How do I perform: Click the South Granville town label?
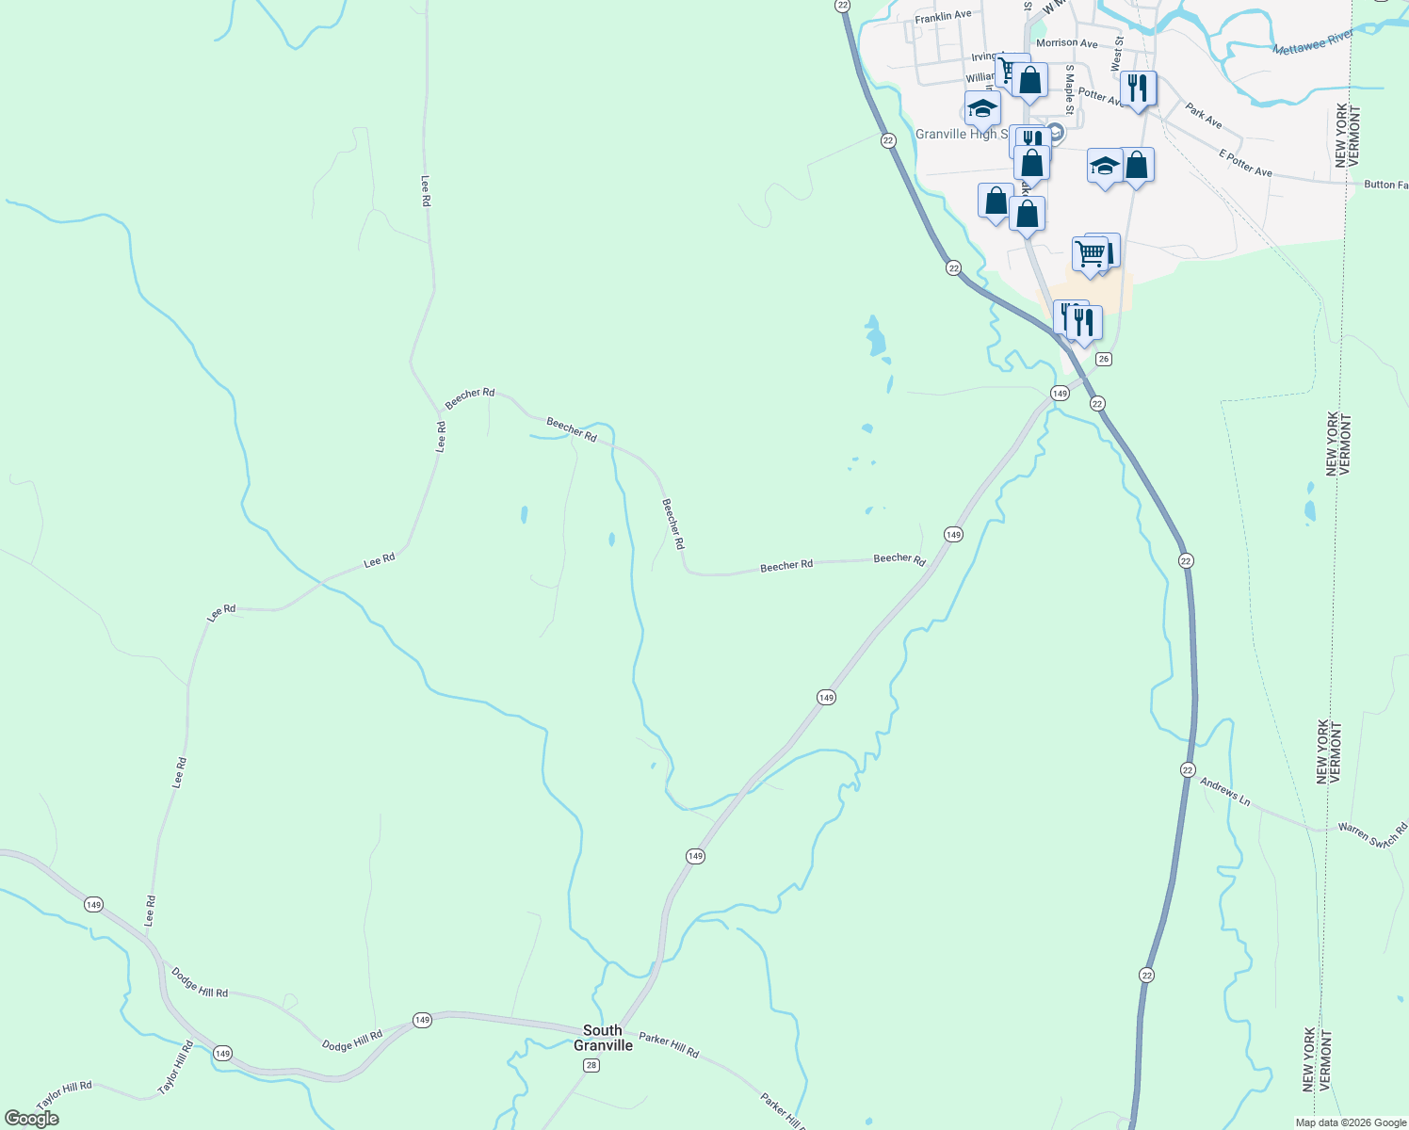click(603, 1038)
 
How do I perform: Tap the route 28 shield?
click(591, 1065)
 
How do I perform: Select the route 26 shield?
click(1104, 359)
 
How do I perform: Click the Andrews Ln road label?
click(1224, 792)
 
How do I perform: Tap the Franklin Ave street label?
click(943, 16)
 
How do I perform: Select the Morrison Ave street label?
click(1066, 43)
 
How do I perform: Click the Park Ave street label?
click(1204, 117)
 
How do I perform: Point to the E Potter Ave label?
click(1245, 163)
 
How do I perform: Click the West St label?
click(1116, 55)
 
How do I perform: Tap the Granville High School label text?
click(955, 135)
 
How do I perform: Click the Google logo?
click(32, 1119)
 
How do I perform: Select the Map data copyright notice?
click(1351, 1122)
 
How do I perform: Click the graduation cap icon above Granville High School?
click(982, 108)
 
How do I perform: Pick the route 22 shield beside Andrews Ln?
click(1187, 769)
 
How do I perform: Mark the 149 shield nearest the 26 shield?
click(1060, 393)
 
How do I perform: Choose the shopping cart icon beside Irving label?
click(1009, 70)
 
